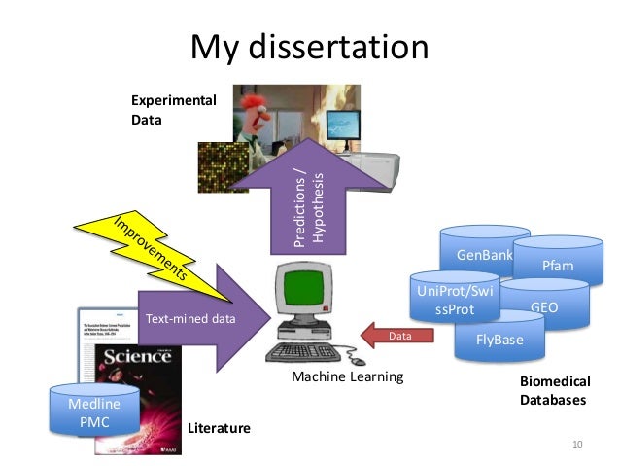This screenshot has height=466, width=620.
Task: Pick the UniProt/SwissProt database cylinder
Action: (455, 300)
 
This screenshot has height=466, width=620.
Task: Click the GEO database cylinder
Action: (544, 306)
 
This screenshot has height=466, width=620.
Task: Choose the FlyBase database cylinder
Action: (499, 341)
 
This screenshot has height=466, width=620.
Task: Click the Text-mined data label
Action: (189, 318)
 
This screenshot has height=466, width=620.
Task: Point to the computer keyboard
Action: (310, 351)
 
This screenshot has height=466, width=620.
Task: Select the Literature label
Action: (219, 427)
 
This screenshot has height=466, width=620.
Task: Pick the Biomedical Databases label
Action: (555, 390)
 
